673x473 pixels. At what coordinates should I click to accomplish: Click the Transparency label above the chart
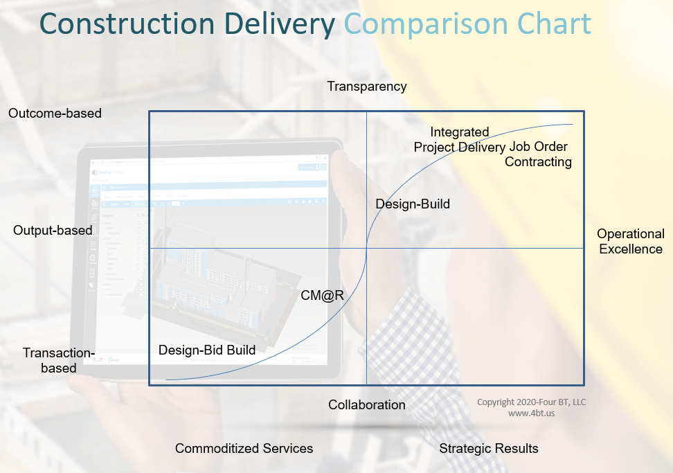(367, 87)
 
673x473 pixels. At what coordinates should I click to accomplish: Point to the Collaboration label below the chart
(367, 404)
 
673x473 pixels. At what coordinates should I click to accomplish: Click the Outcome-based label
(55, 113)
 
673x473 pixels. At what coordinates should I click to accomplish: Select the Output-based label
(53, 231)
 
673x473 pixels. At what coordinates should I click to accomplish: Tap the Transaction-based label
(59, 360)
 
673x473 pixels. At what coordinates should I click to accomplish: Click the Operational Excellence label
(631, 241)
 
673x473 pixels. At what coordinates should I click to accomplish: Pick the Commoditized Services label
(244, 448)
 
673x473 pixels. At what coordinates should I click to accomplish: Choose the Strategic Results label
(489, 448)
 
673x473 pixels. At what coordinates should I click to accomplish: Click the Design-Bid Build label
(207, 350)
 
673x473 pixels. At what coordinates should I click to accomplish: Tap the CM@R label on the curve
(323, 295)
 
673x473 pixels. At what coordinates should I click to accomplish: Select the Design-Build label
(413, 204)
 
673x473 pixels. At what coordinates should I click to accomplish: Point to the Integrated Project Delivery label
(459, 139)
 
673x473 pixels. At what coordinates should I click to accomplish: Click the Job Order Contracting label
(539, 154)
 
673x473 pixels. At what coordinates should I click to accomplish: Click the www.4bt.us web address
(532, 413)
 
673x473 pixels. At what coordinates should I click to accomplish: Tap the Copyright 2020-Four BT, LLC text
(532, 402)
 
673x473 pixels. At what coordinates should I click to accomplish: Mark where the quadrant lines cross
(366, 248)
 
